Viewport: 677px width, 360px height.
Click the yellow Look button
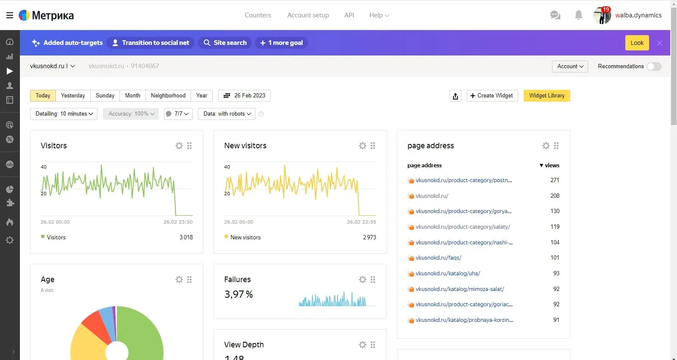click(637, 43)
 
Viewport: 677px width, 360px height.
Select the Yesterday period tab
click(73, 96)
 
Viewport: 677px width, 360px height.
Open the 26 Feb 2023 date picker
click(244, 96)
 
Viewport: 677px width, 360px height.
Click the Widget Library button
click(547, 96)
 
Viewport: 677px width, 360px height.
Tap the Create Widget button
click(492, 96)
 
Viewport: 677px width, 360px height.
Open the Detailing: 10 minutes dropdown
click(64, 114)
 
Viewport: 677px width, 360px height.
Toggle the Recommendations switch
click(654, 66)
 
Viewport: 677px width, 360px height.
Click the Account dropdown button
click(570, 66)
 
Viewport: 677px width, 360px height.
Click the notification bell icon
click(578, 15)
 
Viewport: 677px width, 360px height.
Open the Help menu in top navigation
click(379, 15)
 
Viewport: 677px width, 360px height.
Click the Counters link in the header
click(258, 15)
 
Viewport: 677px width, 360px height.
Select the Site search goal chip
click(225, 43)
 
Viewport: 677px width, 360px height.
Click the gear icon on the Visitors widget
click(179, 146)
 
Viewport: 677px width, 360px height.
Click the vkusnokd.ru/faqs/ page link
click(438, 258)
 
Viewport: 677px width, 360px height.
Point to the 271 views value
click(555, 180)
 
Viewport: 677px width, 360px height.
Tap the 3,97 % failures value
click(239, 294)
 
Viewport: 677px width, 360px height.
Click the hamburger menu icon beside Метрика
click(9, 15)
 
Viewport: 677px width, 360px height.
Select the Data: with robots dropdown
click(227, 114)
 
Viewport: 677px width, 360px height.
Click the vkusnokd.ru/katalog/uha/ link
click(448, 274)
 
